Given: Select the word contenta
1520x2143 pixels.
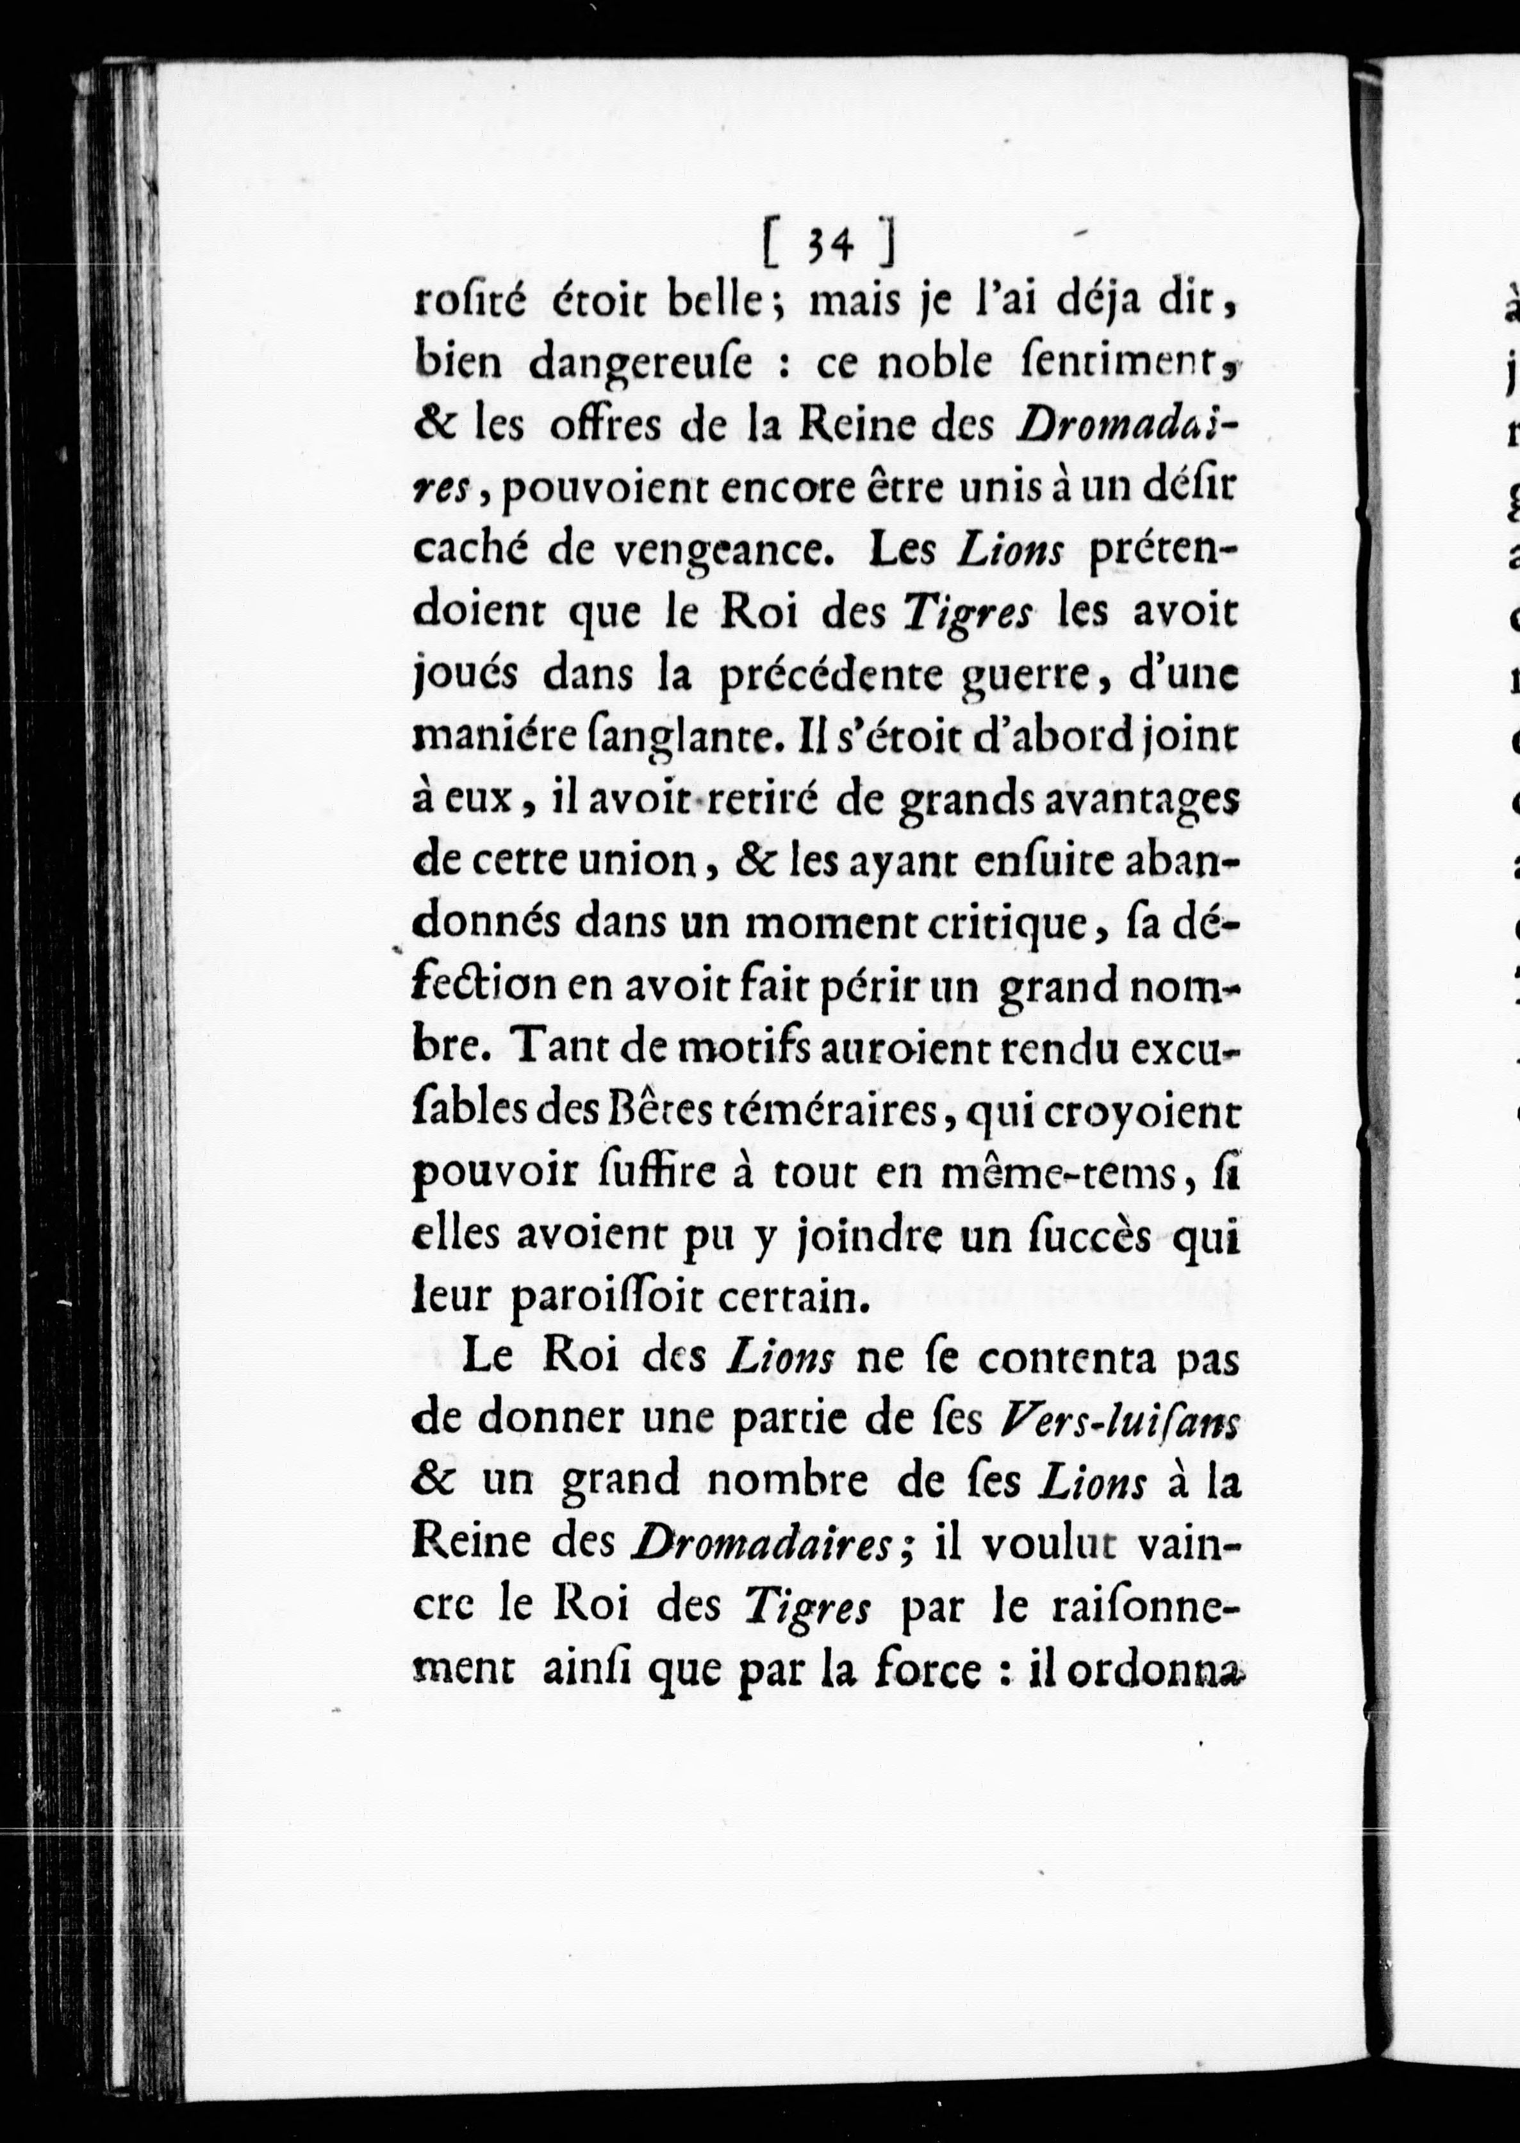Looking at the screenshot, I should (x=1033, y=1360).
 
